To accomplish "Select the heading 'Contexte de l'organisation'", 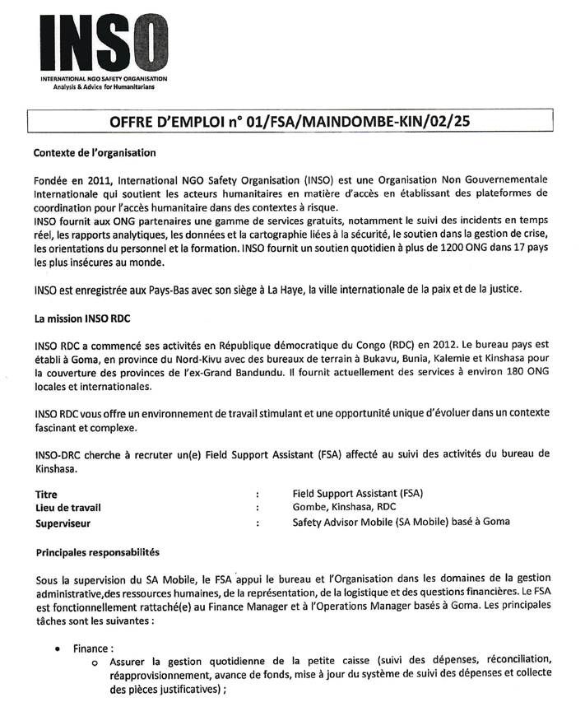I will click(95, 152).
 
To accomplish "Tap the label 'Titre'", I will click(46, 494).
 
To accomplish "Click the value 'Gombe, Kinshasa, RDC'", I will click(346, 508).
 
